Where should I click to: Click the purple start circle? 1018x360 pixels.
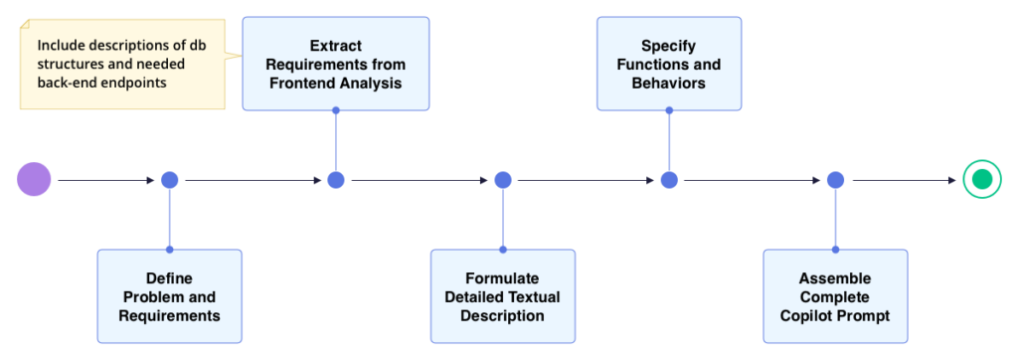[34, 180]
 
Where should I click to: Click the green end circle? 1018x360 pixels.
[982, 180]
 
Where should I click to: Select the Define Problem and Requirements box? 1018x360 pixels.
[169, 296]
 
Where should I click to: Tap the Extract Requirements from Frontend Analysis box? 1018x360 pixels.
[335, 64]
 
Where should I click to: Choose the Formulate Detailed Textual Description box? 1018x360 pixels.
[502, 296]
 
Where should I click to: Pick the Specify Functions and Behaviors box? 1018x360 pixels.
[668, 64]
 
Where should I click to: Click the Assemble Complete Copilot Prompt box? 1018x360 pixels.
[835, 296]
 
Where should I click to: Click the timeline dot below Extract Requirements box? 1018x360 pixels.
[336, 180]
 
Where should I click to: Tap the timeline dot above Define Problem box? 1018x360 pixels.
[169, 180]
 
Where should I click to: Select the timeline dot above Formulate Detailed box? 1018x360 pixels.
[502, 180]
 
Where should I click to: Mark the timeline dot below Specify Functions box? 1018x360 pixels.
[669, 180]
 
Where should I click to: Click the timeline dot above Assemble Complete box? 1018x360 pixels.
[835, 180]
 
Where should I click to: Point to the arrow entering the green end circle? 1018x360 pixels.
[905, 180]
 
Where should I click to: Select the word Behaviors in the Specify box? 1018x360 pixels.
[668, 83]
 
